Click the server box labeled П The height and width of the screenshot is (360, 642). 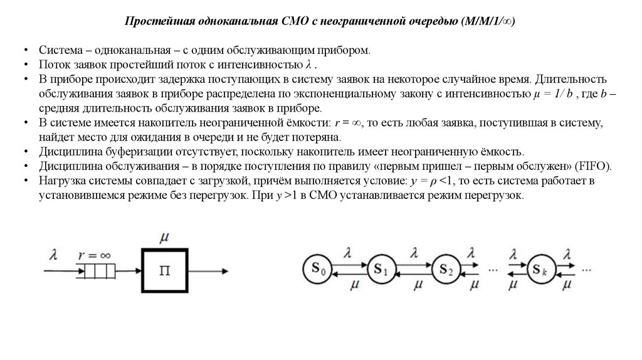(165, 271)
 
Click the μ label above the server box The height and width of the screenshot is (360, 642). (165, 238)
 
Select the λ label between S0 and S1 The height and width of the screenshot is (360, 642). (349, 254)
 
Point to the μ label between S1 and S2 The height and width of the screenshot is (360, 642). (415, 287)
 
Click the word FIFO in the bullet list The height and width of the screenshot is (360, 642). (598, 166)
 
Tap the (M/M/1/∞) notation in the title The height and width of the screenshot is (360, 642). (488, 21)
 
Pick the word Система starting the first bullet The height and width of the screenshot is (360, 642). (59, 51)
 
